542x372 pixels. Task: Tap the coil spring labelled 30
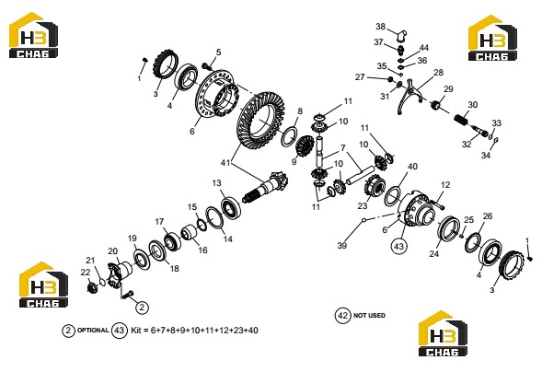pyautogui.click(x=461, y=120)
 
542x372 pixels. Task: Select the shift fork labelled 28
pyautogui.click(x=409, y=97)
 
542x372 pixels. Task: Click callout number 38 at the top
pyautogui.click(x=381, y=27)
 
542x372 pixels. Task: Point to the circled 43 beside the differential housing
pyautogui.click(x=398, y=247)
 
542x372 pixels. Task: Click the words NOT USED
pyautogui.click(x=369, y=315)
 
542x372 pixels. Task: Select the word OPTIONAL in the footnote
pyautogui.click(x=93, y=331)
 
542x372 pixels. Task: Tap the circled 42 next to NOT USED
pyautogui.click(x=342, y=315)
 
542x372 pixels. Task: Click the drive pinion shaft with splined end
pyautogui.click(x=265, y=189)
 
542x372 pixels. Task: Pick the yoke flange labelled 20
pyautogui.click(x=120, y=274)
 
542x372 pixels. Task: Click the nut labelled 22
pyautogui.click(x=92, y=287)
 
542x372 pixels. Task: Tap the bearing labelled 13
pyautogui.click(x=231, y=207)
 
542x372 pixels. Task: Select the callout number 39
pyautogui.click(x=342, y=245)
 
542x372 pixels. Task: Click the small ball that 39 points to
pyautogui.click(x=363, y=220)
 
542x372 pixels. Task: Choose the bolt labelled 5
pyautogui.click(x=207, y=65)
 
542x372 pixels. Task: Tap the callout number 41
pyautogui.click(x=225, y=162)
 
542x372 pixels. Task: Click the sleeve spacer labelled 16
pyautogui.click(x=190, y=232)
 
